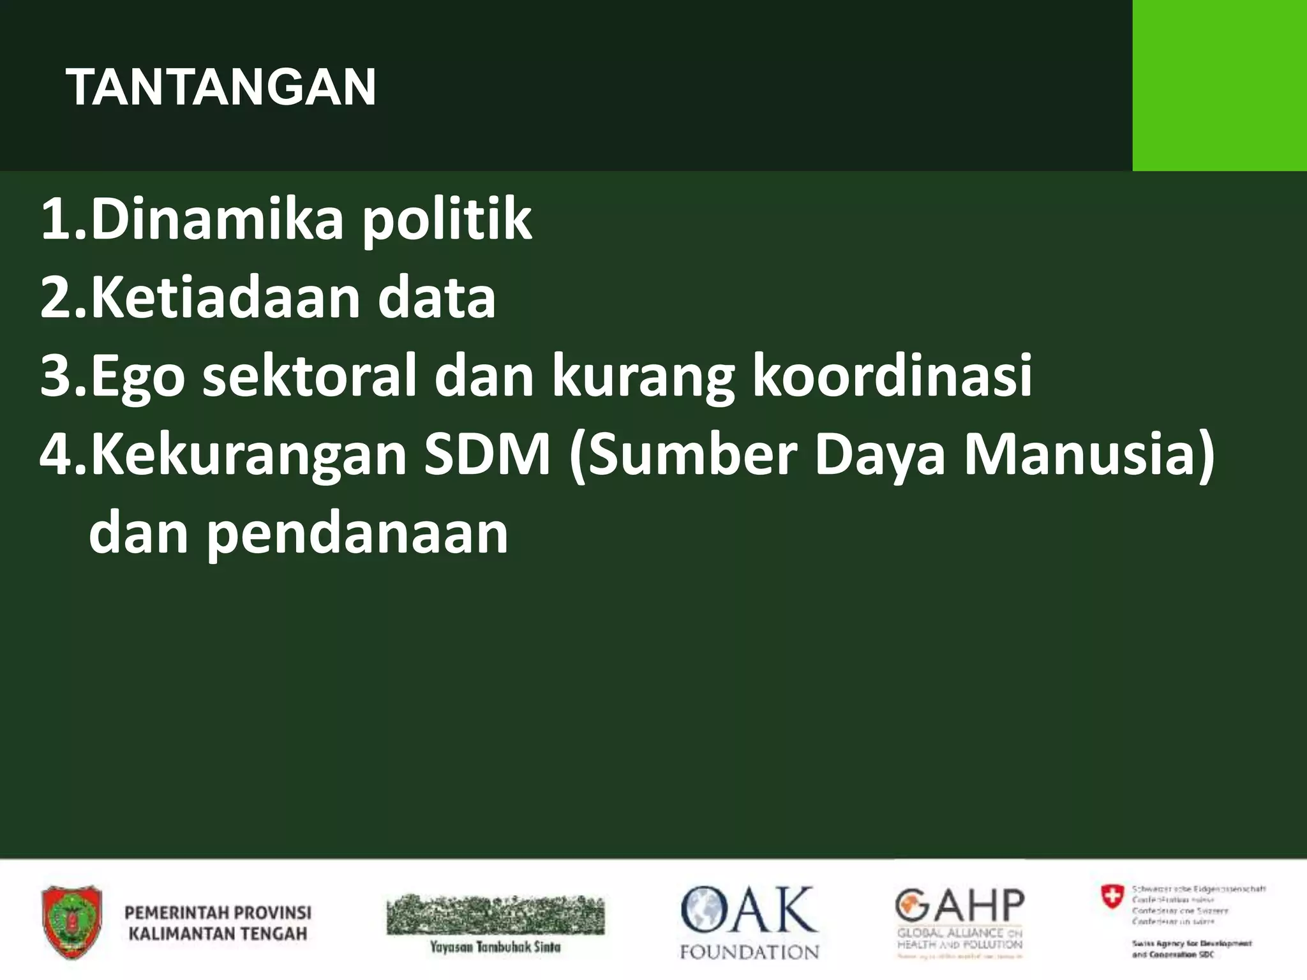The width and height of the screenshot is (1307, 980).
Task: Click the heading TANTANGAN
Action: tap(221, 87)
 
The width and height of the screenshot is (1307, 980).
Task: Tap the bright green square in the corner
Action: tap(1219, 85)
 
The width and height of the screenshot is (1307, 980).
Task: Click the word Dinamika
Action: tap(217, 219)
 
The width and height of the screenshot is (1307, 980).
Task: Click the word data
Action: tap(437, 297)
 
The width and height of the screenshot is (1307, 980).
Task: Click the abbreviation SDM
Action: tap(487, 454)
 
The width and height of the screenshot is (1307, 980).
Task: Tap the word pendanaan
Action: tap(357, 535)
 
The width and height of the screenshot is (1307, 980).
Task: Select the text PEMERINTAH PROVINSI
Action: tap(218, 912)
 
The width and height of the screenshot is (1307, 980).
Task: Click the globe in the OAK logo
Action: tap(706, 909)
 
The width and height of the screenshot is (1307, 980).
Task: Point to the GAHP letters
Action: tap(959, 905)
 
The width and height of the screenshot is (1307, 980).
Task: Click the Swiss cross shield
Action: tap(1112, 897)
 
